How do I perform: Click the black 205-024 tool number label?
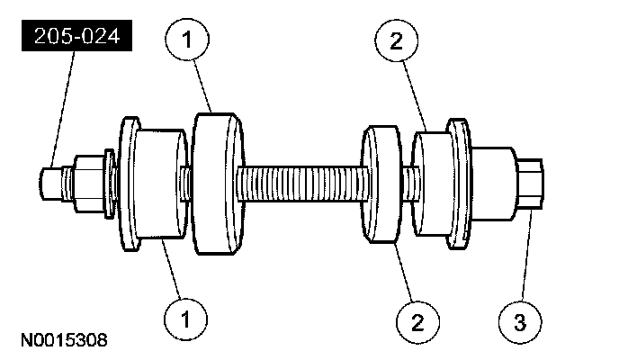75,38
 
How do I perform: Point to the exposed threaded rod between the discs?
301,186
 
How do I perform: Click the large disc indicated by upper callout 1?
217,184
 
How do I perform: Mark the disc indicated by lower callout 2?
381,186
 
